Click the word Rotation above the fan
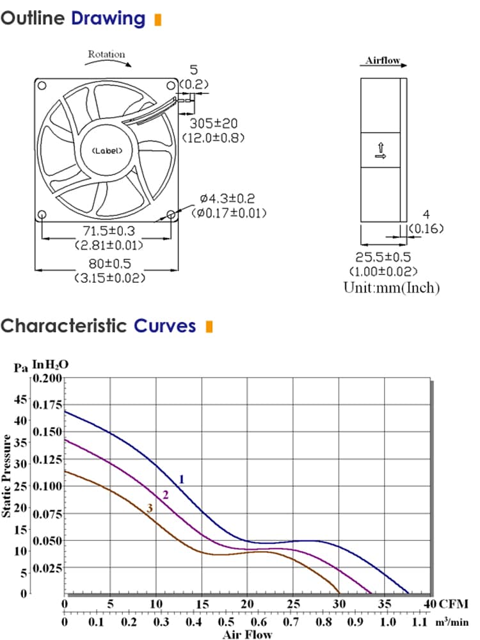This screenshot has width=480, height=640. pos(106,54)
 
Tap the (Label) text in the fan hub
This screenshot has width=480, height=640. pos(107,150)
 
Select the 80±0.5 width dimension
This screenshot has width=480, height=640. pos(110,263)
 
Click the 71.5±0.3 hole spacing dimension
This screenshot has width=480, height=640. pos(109,231)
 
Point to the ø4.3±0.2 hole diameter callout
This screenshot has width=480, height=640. pos(227,199)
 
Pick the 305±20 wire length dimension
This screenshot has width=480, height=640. pos(214,124)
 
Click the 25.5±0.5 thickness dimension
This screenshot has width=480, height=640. pos(383,257)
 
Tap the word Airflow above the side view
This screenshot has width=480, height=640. pos(383,60)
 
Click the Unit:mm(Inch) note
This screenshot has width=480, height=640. pos(392,288)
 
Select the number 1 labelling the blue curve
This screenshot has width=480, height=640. pos(182,479)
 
